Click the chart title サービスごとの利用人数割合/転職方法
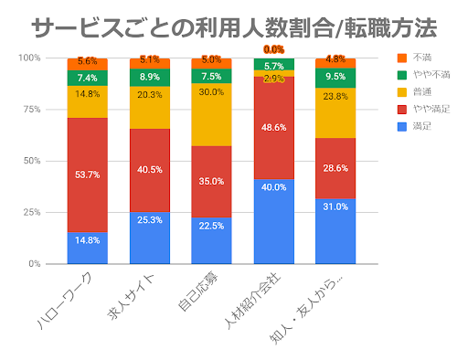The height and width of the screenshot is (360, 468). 233,27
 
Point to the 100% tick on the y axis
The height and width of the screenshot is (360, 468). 30,58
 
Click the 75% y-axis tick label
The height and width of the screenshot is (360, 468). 32,109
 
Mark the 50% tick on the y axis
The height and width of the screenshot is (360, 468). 32,161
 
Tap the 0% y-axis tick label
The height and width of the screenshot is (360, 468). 35,263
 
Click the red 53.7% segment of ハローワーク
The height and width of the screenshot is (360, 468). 88,175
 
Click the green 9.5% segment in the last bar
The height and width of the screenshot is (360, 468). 335,78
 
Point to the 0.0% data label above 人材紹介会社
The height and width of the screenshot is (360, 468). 273,49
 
